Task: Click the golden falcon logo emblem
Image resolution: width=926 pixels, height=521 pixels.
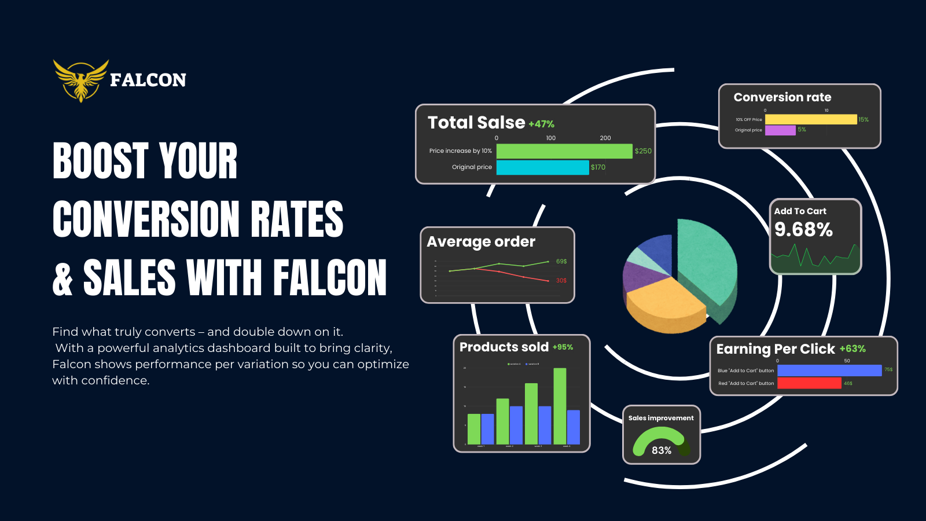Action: (80, 80)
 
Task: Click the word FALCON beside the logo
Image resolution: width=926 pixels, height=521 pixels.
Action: (148, 80)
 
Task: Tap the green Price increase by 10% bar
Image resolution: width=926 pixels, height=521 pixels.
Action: (564, 151)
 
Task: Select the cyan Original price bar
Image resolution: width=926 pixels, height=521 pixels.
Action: (542, 167)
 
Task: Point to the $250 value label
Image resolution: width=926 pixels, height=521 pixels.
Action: (643, 151)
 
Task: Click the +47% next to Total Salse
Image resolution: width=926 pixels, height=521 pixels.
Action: (541, 124)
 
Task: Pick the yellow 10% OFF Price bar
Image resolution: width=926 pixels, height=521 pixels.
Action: (810, 119)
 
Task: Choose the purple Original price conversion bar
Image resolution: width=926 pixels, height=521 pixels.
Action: (780, 130)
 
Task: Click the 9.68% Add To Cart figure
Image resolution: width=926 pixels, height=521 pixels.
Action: (803, 230)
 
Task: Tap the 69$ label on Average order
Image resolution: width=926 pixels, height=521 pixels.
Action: (561, 262)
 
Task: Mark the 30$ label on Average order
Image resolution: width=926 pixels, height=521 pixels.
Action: (561, 281)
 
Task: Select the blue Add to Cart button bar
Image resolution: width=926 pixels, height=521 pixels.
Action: (829, 370)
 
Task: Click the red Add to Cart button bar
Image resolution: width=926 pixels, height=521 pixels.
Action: (809, 383)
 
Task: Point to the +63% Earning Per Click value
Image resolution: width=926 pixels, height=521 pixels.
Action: (852, 349)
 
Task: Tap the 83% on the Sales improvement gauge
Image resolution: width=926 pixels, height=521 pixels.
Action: (662, 450)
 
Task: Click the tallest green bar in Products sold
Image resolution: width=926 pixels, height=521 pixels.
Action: (560, 406)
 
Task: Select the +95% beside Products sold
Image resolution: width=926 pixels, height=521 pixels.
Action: (563, 347)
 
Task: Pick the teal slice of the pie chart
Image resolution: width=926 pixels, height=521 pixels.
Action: (706, 260)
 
